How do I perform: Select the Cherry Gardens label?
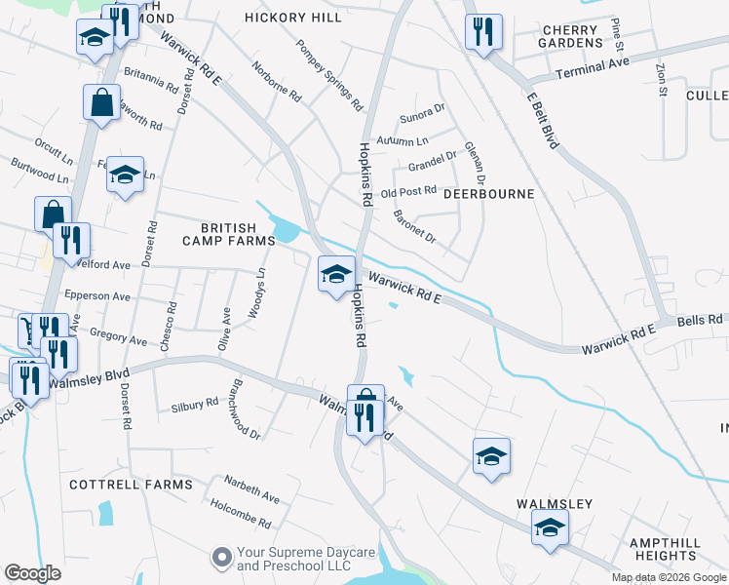click(x=570, y=37)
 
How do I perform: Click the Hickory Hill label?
click(x=293, y=18)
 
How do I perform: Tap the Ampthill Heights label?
click(x=662, y=549)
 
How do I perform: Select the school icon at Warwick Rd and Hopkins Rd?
click(x=335, y=273)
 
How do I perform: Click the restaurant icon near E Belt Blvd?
click(x=483, y=32)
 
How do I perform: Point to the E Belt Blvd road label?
click(x=542, y=121)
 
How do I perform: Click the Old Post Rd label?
click(x=408, y=193)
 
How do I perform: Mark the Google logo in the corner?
click(x=33, y=573)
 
